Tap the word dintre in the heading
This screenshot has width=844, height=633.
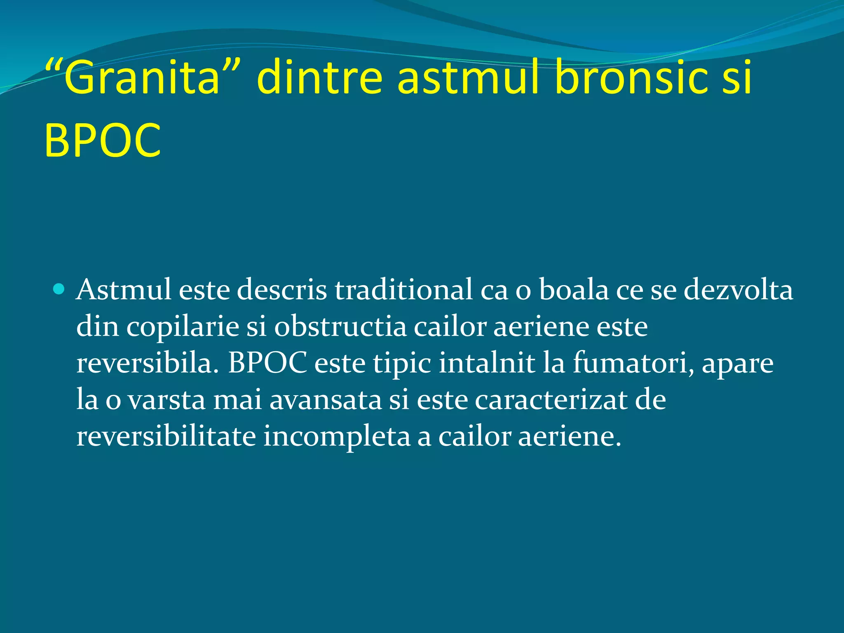pyautogui.click(x=319, y=77)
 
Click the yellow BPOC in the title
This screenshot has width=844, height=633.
pyautogui.click(x=102, y=141)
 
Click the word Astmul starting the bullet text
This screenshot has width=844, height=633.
pyautogui.click(x=124, y=290)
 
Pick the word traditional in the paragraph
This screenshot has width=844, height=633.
pyautogui.click(x=403, y=290)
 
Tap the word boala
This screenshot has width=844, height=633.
pyautogui.click(x=574, y=290)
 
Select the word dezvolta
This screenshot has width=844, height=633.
pyautogui.click(x=738, y=290)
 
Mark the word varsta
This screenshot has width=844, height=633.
pyautogui.click(x=166, y=400)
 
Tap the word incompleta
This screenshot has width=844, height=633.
pyautogui.click(x=337, y=438)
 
